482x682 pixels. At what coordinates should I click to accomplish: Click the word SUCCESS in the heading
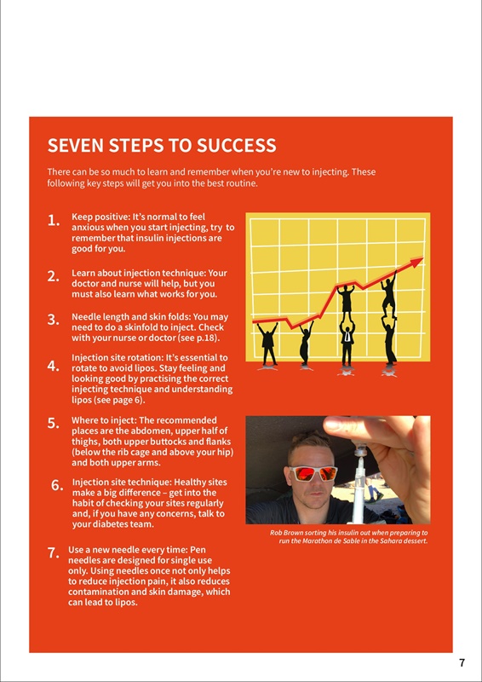click(237, 145)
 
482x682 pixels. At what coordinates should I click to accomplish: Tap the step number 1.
click(54, 221)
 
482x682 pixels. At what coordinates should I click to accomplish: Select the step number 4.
click(54, 367)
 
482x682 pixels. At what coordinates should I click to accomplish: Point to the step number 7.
click(54, 553)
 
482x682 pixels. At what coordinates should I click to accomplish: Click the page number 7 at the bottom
click(462, 663)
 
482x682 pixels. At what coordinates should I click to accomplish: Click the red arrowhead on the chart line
click(416, 263)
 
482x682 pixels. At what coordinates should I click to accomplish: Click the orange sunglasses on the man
click(312, 474)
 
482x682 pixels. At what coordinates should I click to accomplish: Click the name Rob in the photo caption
click(276, 533)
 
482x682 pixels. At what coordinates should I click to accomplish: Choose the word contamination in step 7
click(96, 592)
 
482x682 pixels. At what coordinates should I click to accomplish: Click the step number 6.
click(57, 486)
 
